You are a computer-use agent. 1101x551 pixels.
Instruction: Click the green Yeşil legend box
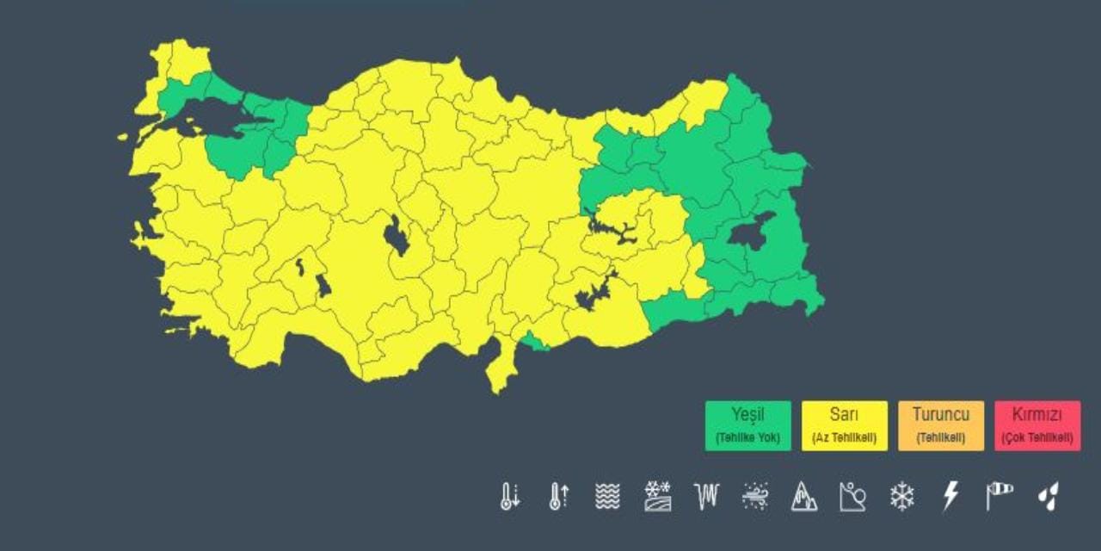(747, 425)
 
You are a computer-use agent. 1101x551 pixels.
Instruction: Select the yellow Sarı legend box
(844, 425)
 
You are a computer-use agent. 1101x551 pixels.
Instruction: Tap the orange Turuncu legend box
(940, 425)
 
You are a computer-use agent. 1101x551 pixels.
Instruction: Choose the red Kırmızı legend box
(1037, 425)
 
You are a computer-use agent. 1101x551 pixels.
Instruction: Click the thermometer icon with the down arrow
(510, 496)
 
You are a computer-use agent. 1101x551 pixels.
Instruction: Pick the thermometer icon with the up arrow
(558, 496)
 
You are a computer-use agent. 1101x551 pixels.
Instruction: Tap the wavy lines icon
(607, 496)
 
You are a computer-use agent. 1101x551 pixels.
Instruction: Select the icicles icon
(705, 496)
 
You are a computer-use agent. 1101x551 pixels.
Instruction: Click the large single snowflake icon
(901, 496)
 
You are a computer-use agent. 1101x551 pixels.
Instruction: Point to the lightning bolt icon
(950, 496)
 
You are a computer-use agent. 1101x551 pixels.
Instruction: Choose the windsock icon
(1000, 495)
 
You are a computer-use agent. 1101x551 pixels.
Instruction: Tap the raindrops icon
(1048, 496)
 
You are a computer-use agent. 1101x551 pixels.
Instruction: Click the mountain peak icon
(804, 496)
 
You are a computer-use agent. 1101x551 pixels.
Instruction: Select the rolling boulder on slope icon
(852, 496)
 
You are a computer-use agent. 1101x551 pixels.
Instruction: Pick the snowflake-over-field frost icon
(657, 496)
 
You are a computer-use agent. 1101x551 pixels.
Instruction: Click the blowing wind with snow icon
(755, 496)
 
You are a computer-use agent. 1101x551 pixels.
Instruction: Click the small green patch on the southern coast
(536, 344)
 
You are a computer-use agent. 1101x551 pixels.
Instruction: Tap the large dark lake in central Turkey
(397, 235)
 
